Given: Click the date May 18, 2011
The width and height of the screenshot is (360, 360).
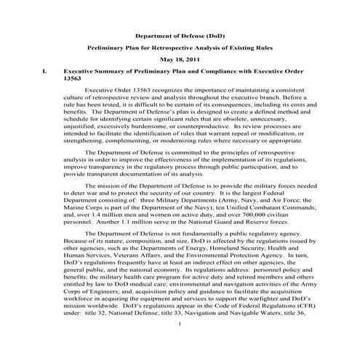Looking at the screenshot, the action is click(x=179, y=60).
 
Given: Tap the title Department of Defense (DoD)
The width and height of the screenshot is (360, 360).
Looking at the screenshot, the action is click(x=180, y=35).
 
